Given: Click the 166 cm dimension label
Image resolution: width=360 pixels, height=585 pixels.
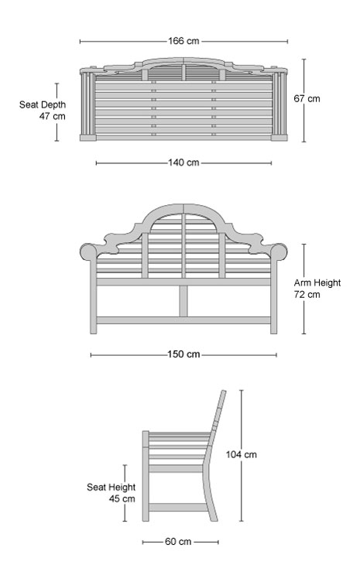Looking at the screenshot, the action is (x=183, y=41).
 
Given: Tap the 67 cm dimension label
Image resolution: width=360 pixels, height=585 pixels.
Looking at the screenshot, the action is (x=307, y=99).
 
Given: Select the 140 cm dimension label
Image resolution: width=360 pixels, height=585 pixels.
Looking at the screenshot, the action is (x=183, y=162).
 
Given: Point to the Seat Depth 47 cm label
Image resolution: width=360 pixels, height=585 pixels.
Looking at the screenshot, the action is (x=43, y=111).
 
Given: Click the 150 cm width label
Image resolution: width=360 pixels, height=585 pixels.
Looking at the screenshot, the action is (x=183, y=354).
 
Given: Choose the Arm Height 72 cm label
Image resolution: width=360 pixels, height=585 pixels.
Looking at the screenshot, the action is (x=317, y=289).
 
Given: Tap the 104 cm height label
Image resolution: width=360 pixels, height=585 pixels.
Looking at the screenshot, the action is (x=242, y=454).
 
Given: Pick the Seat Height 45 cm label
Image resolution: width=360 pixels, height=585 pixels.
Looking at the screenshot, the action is (x=111, y=493).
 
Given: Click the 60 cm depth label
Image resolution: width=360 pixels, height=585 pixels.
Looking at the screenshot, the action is (x=178, y=542).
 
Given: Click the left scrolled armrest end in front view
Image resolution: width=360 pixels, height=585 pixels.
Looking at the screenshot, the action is (x=88, y=251).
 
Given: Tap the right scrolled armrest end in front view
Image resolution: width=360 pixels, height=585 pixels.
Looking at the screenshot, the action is (x=279, y=251).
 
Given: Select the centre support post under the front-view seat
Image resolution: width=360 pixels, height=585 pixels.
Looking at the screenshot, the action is (x=183, y=301).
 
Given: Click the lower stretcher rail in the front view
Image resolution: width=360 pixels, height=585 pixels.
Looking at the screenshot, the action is (x=183, y=320).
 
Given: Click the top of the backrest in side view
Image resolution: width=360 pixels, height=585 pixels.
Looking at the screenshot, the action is (x=223, y=392).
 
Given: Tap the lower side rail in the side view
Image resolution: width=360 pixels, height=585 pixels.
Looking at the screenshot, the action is (x=178, y=507).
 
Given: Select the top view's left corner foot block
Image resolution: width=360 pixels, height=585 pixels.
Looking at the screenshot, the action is (x=87, y=138).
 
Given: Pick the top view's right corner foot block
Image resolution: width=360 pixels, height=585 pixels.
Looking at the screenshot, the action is (x=279, y=138).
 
